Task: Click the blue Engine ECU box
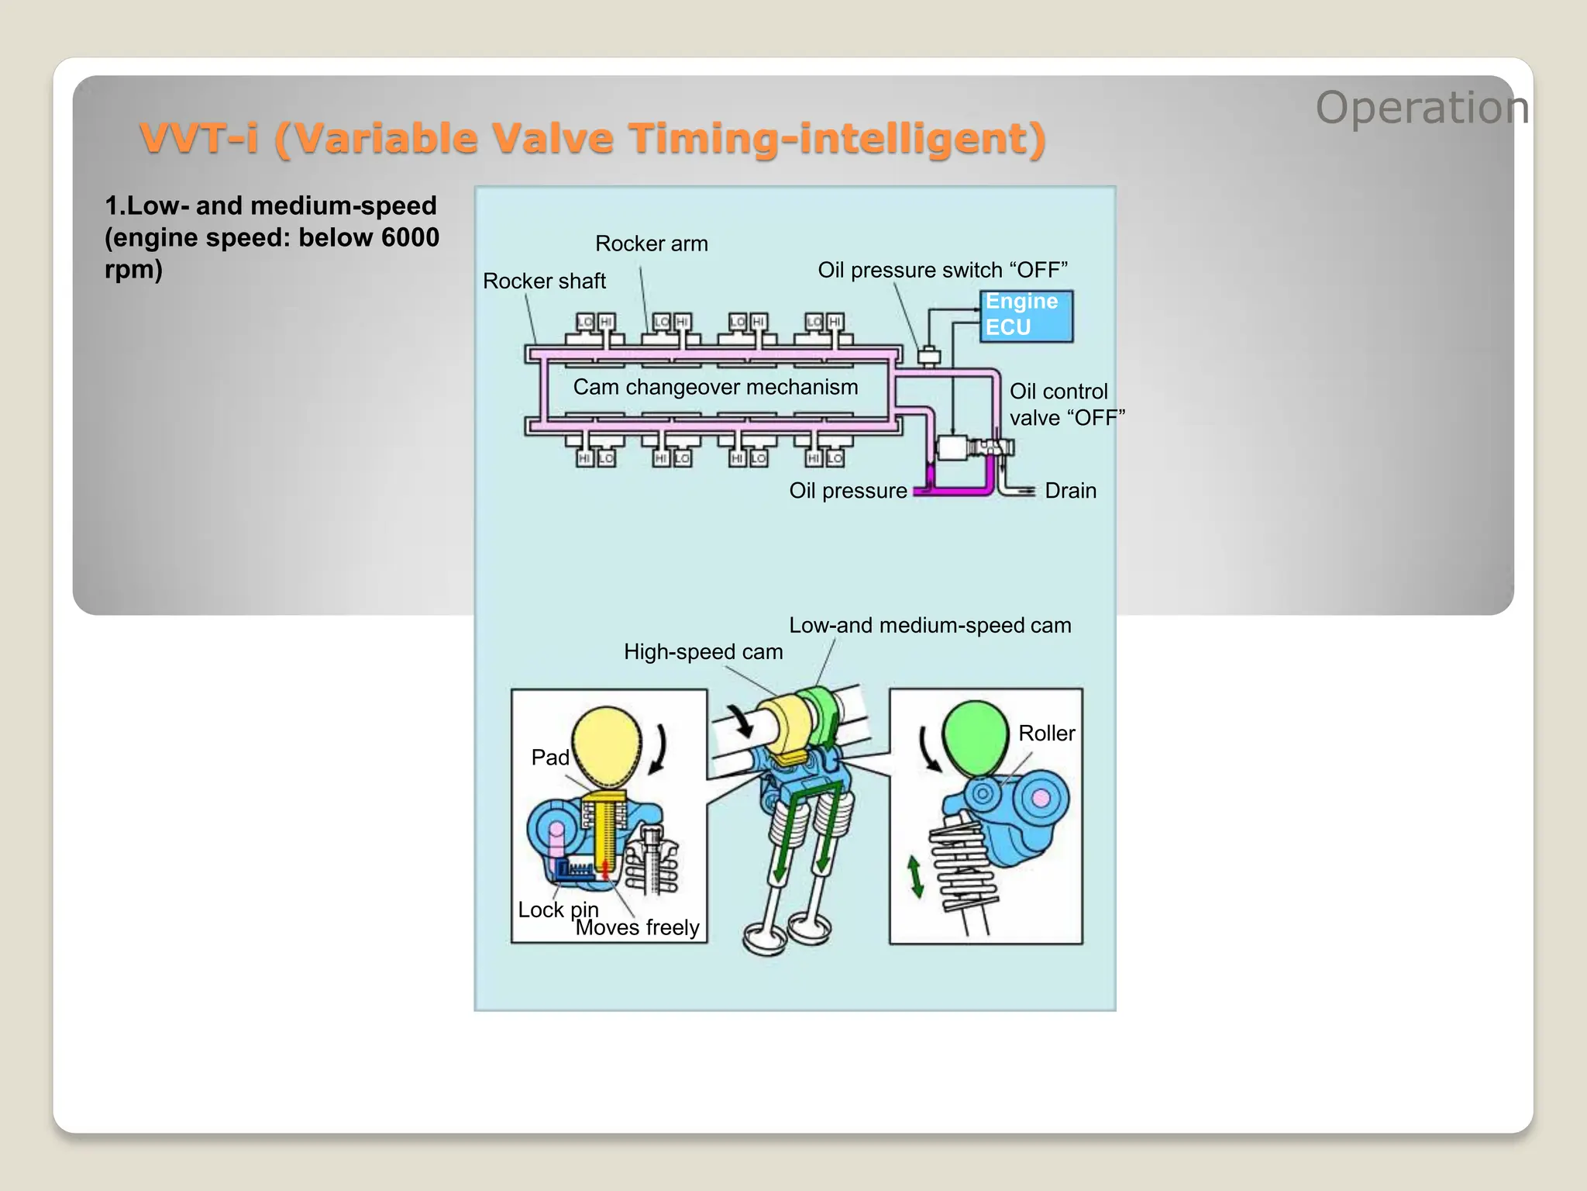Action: click(1026, 316)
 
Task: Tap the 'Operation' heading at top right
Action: click(1422, 108)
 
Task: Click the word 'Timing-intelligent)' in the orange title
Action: click(837, 140)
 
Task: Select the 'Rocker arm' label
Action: click(651, 244)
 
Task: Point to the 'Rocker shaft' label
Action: click(544, 281)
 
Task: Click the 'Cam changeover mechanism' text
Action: click(715, 387)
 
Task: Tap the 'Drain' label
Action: click(1070, 491)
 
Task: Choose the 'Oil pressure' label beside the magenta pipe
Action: click(848, 491)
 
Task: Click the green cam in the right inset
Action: click(974, 736)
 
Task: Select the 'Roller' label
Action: click(1046, 734)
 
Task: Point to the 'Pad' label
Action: click(550, 758)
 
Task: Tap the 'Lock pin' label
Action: click(558, 910)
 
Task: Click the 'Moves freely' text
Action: click(637, 928)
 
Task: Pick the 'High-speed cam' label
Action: click(703, 652)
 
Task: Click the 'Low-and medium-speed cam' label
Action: click(930, 626)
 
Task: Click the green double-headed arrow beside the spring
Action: click(916, 877)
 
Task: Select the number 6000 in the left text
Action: click(410, 237)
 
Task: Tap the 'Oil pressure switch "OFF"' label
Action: click(942, 270)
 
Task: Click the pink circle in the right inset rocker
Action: click(1041, 798)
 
